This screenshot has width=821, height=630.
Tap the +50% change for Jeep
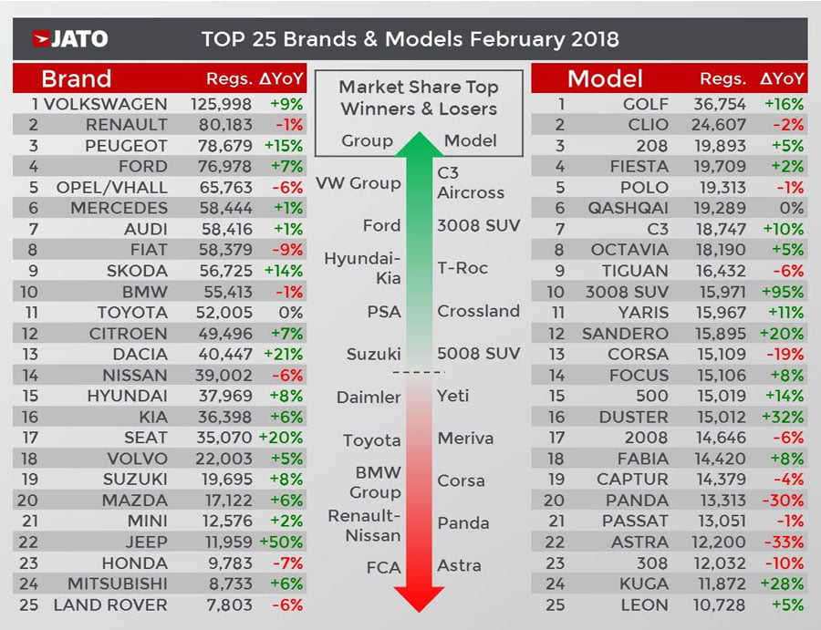tap(285, 542)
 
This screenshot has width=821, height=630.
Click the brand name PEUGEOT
tap(126, 146)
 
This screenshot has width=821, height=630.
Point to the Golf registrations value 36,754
tap(725, 104)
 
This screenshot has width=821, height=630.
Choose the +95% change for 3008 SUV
tap(784, 292)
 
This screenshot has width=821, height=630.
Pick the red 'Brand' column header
tap(77, 78)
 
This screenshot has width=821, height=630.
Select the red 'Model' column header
tap(605, 78)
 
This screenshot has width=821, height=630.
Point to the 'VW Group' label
tap(358, 182)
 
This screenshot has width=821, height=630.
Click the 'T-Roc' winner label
tap(462, 268)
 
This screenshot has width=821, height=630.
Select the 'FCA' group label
tap(383, 567)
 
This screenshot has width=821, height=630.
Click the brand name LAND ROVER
tap(110, 604)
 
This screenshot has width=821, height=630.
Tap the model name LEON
tap(643, 604)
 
